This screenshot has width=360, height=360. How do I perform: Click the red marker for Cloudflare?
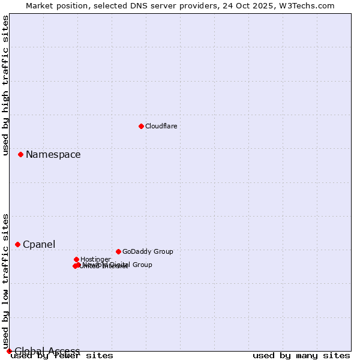[141, 126]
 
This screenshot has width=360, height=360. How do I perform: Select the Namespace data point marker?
[20, 154]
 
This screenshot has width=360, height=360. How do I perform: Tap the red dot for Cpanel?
[17, 244]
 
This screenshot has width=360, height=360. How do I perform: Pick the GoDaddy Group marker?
[118, 251]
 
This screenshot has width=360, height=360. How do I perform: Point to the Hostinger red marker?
[76, 259]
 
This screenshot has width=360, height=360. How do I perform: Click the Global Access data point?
[9, 351]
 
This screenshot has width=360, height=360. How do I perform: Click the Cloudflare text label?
[161, 126]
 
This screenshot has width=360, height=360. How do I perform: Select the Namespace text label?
[53, 155]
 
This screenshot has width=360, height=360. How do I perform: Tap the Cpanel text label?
[39, 245]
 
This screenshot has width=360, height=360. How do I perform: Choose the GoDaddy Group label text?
[147, 251]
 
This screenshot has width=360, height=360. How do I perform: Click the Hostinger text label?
[95, 259]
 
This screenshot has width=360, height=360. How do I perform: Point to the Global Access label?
[47, 351]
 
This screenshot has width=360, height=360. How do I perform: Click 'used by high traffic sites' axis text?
[6, 85]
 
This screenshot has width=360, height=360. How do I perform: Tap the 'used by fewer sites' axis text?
[62, 356]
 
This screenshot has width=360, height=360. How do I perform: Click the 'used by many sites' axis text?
[301, 356]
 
